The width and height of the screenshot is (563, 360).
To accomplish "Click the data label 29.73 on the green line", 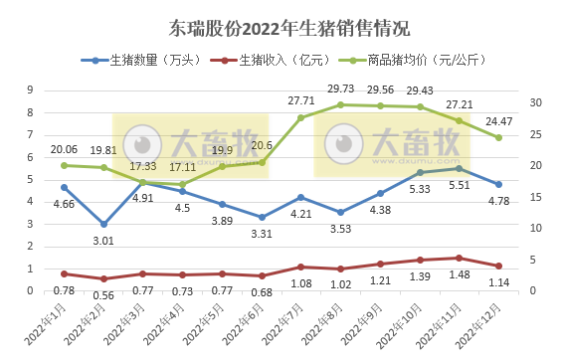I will pos(340,90).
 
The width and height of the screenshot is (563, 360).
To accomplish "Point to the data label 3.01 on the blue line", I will pos(103,240).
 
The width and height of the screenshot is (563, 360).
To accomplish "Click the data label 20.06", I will pos(64,149).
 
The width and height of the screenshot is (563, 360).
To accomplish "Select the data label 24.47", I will pos(498,122).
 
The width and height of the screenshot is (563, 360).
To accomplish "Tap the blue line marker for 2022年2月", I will pos(103,224).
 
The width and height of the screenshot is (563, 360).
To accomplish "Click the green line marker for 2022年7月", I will pos(301,117).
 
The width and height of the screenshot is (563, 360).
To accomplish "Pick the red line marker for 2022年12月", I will pos(498,266).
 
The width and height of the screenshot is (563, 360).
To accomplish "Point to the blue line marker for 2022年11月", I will pos(459,168).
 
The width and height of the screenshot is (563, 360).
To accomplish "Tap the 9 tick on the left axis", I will pos(30,90).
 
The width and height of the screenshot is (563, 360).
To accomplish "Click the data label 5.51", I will pos(459,185).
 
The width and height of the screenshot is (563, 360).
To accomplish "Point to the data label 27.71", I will pos(301,101).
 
